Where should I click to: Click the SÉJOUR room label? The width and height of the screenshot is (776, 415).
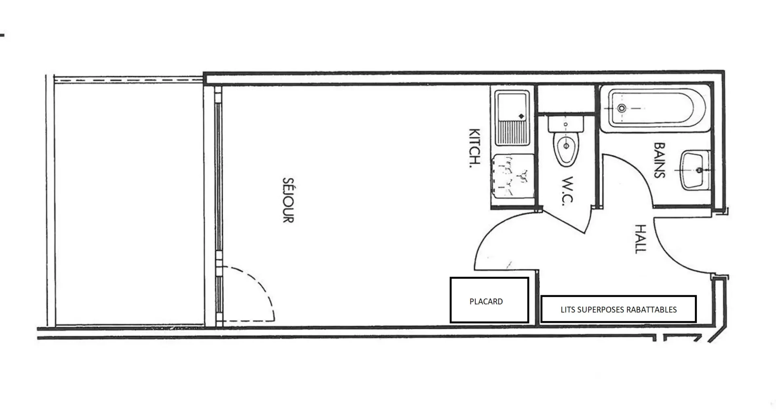pos(288,200)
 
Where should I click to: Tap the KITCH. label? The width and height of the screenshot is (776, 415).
pos(474,148)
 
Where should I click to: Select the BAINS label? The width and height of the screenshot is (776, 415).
pos(659,160)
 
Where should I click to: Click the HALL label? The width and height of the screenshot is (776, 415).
pos(641,239)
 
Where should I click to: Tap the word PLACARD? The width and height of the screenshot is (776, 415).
pos(486,302)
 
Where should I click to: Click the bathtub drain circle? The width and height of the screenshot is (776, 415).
pos(622,108)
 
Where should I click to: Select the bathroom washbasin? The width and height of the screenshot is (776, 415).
pos(696,170)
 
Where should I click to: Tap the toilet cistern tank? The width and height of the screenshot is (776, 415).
pos(566,124)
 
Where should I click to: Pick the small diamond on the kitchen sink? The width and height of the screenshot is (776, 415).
pos(521,116)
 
